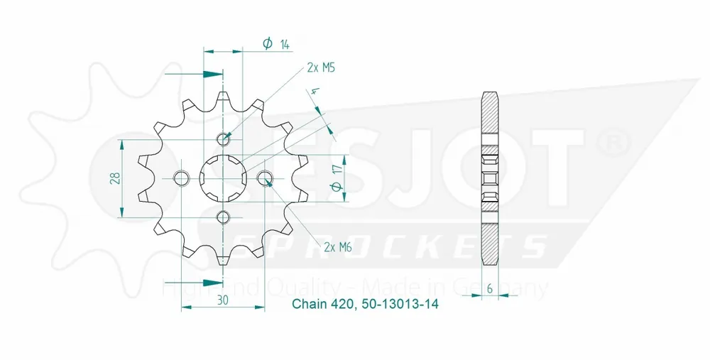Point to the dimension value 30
click(x=223, y=300)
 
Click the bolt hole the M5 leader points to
click(x=224, y=138)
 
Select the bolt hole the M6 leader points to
click(x=264, y=178)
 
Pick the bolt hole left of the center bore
click(x=182, y=178)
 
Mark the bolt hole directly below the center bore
click(x=223, y=217)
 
